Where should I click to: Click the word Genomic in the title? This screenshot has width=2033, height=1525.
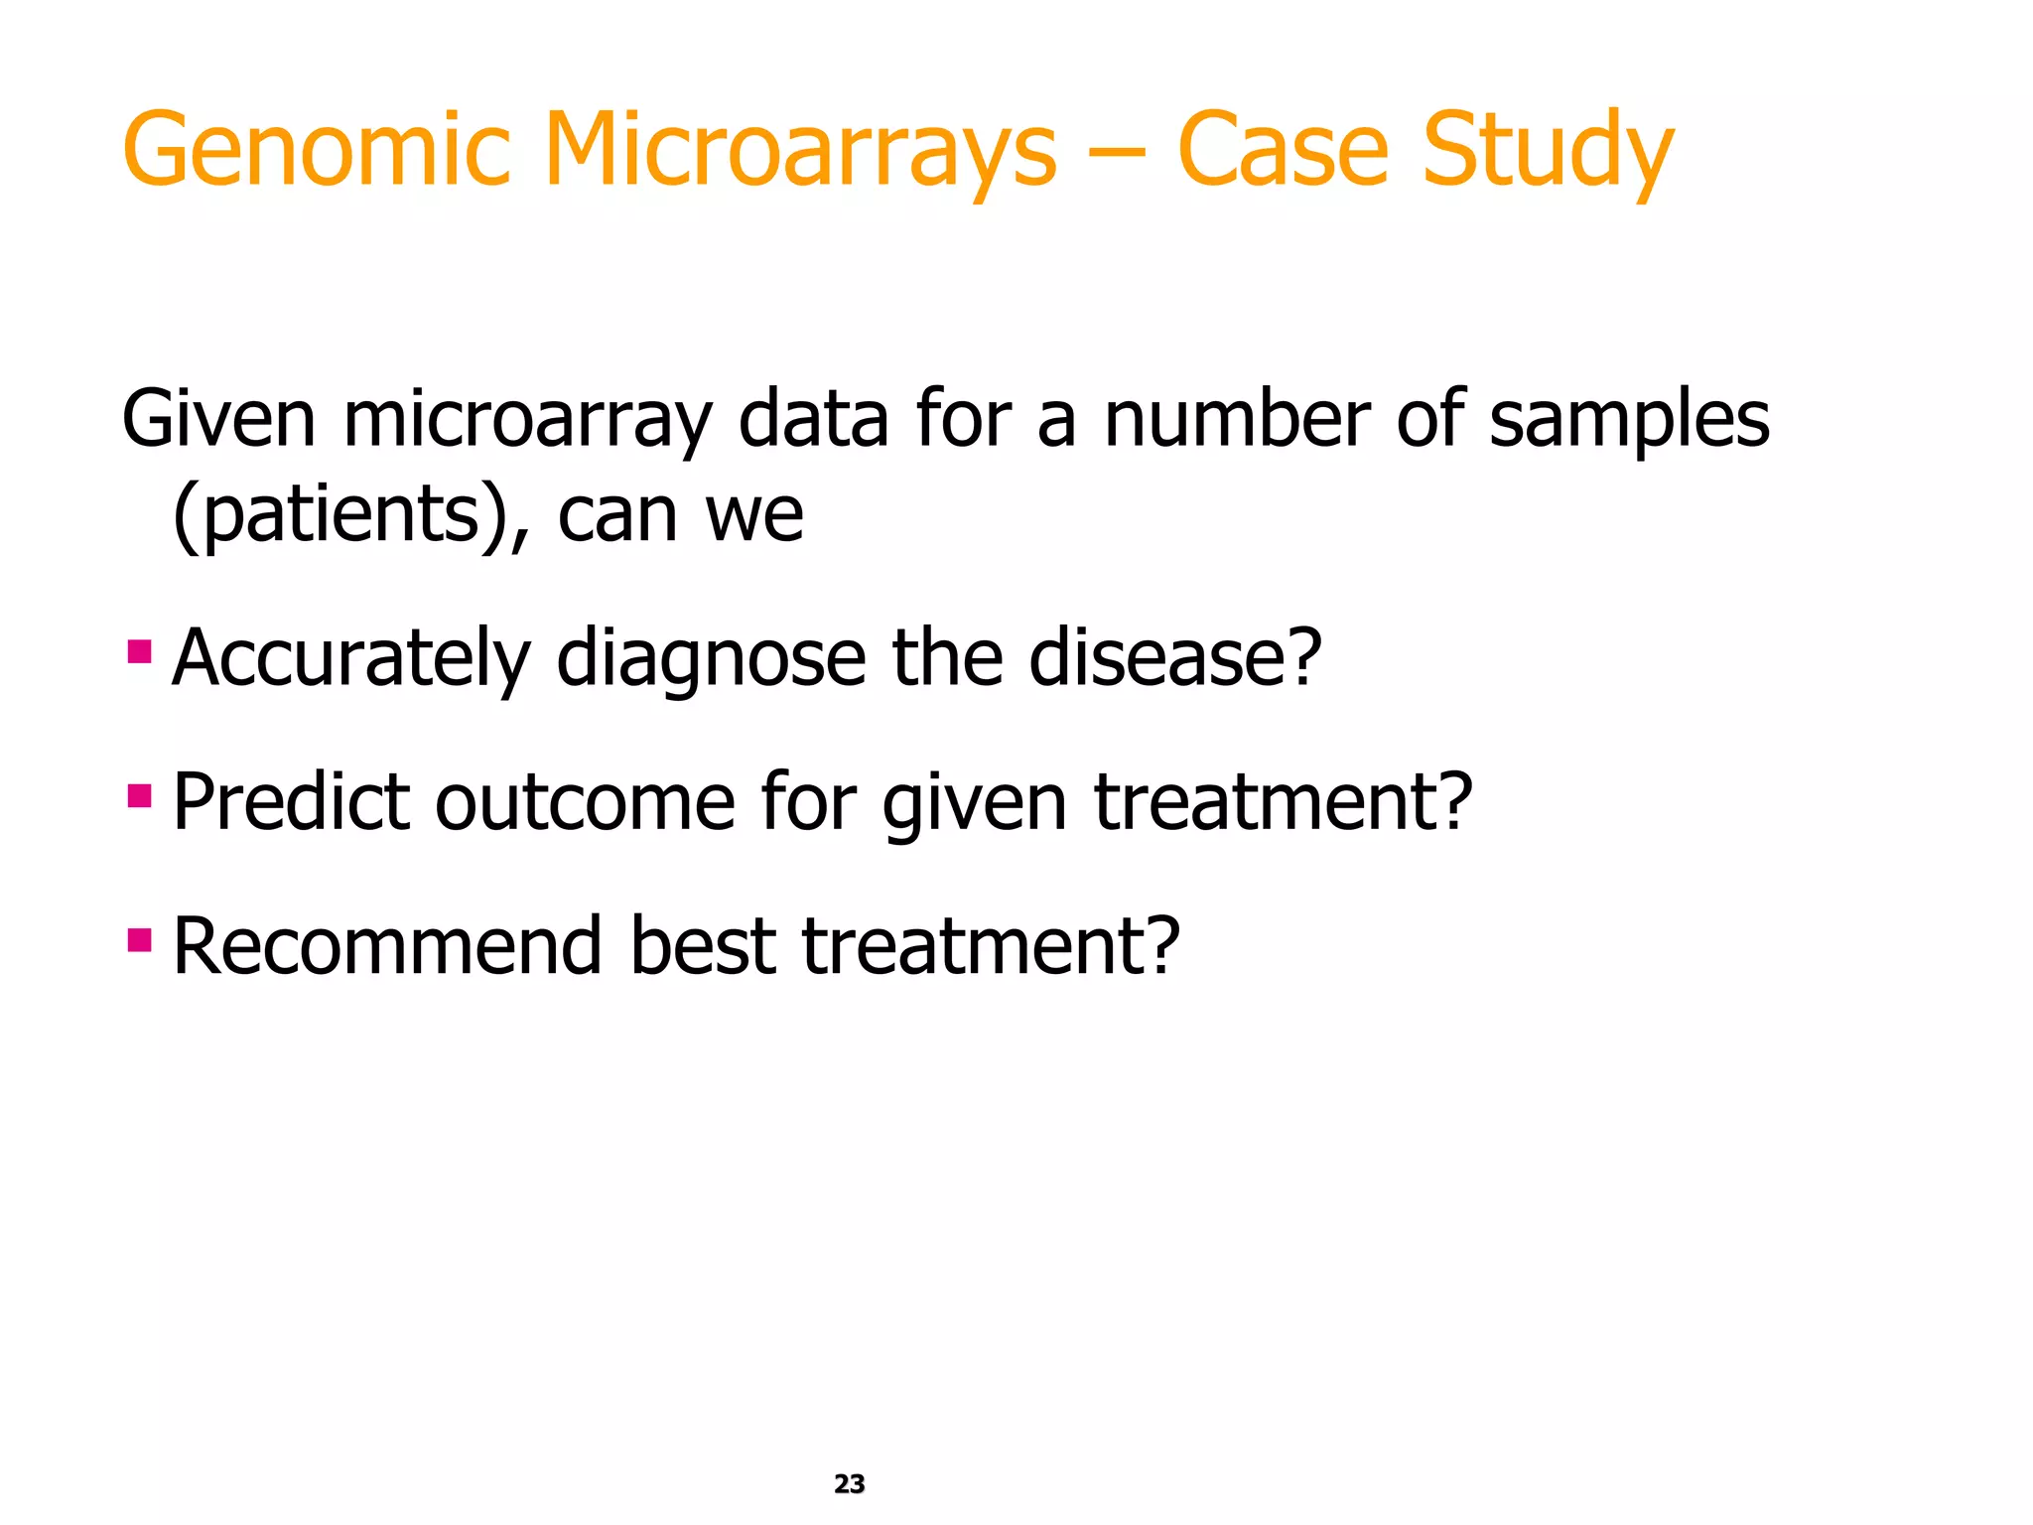(x=316, y=151)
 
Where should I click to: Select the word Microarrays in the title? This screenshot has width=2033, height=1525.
(x=800, y=151)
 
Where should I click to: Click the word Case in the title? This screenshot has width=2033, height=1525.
(x=1282, y=151)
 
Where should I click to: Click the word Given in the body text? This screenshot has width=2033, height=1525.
(x=218, y=419)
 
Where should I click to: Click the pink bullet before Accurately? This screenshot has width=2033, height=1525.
(x=140, y=652)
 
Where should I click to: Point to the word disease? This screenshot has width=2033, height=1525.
(x=1175, y=658)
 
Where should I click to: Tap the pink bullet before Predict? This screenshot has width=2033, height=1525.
(x=140, y=796)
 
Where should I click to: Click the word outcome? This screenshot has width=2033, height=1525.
(x=585, y=802)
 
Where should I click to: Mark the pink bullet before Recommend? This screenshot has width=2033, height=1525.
(x=140, y=939)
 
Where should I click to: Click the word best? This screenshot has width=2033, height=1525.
(x=702, y=945)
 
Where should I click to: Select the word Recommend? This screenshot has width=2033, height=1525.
(x=387, y=945)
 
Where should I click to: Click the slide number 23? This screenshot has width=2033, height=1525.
(x=850, y=1483)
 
